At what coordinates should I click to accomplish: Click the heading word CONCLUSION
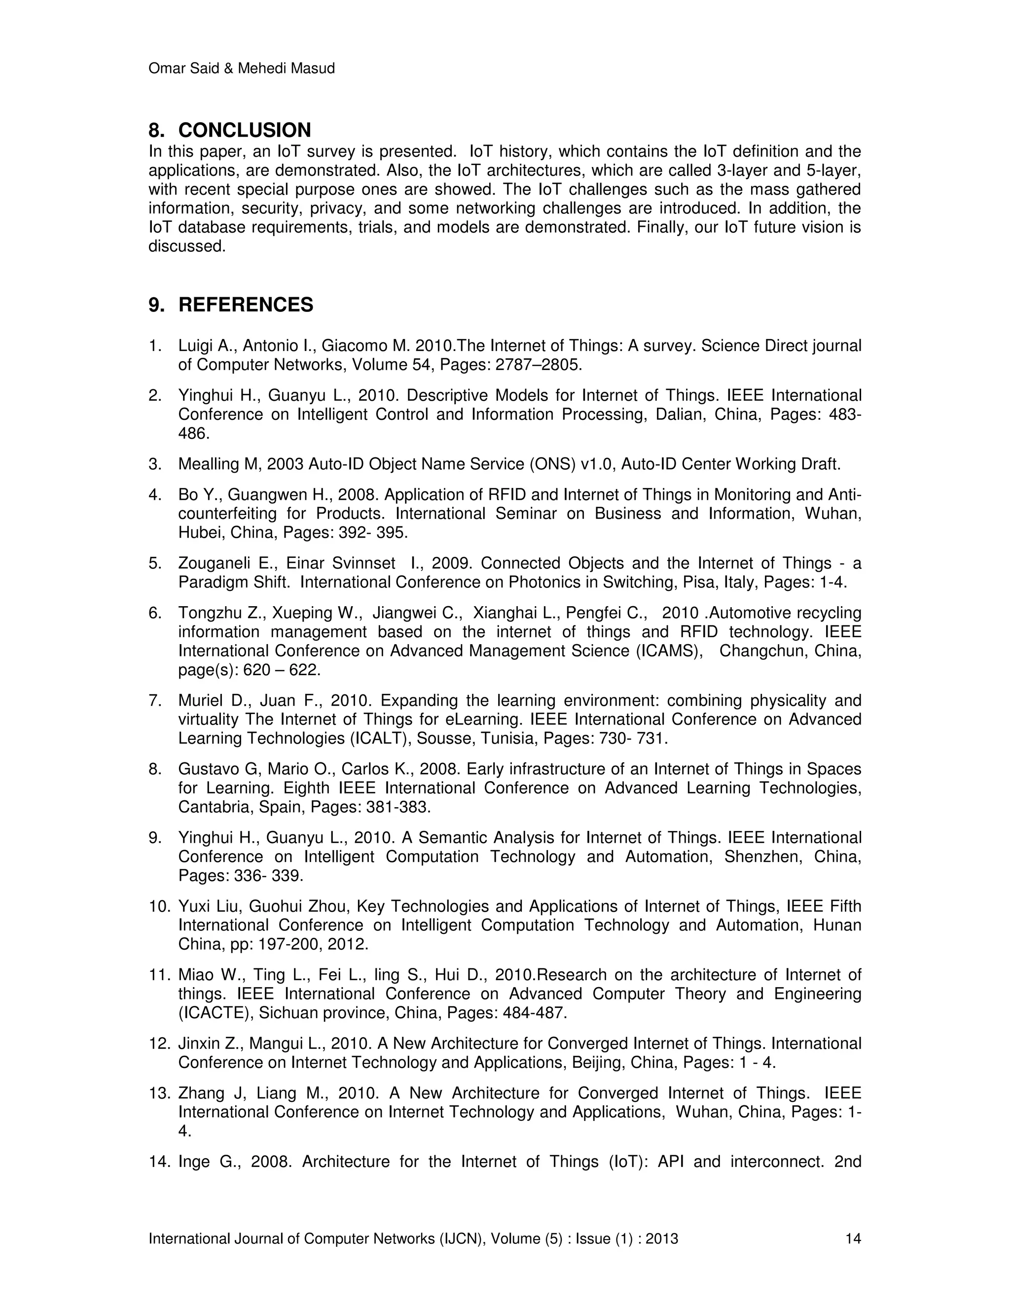[x=244, y=131]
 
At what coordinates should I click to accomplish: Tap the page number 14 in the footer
[x=853, y=1238]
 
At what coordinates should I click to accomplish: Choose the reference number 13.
[x=159, y=1093]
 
